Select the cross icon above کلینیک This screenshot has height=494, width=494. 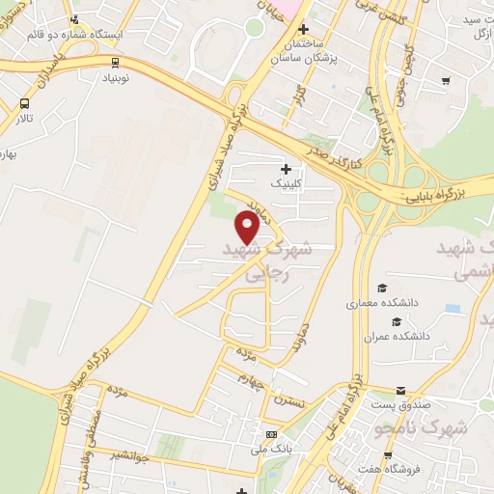tap(286, 169)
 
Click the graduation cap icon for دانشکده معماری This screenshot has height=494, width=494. tap(382, 288)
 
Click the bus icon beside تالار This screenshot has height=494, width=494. tap(24, 104)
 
